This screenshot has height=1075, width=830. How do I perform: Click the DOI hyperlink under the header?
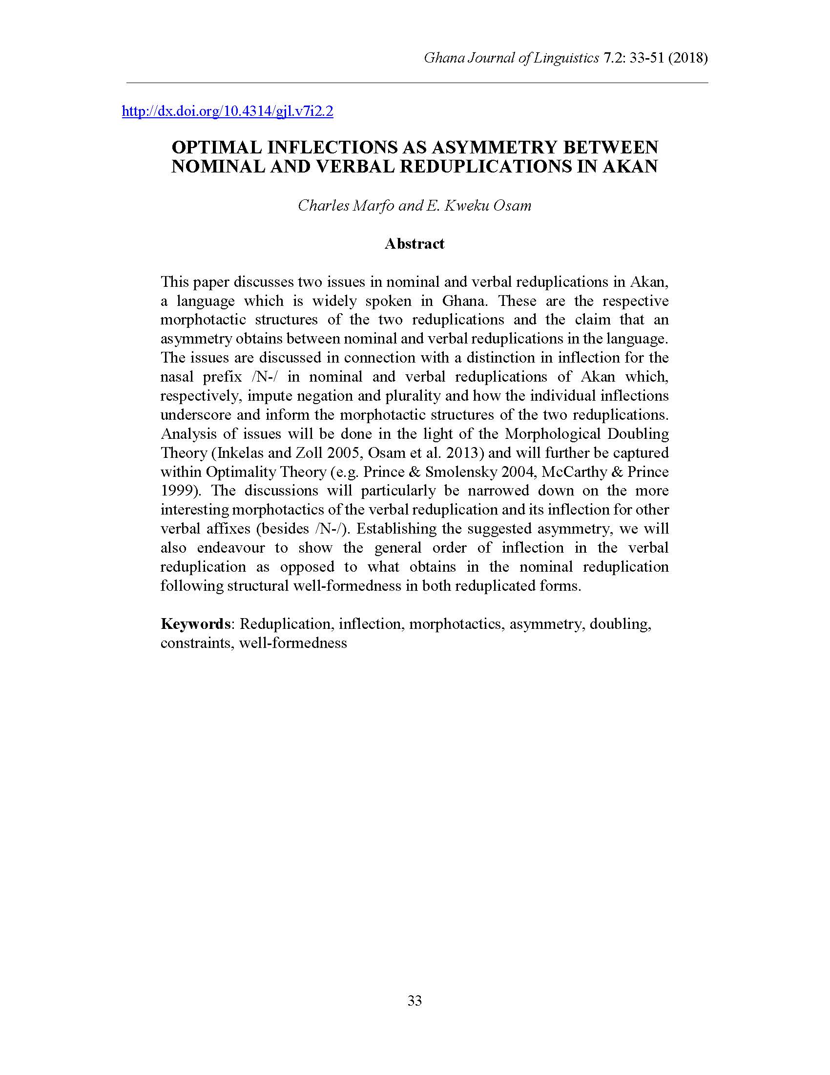pos(227,112)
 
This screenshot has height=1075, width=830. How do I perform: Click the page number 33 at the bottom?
pos(415,1001)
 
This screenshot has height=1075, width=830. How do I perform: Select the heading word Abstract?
pos(415,244)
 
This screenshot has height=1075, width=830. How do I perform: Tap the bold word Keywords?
pos(195,623)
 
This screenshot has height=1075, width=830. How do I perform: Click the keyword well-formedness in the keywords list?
pos(293,643)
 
